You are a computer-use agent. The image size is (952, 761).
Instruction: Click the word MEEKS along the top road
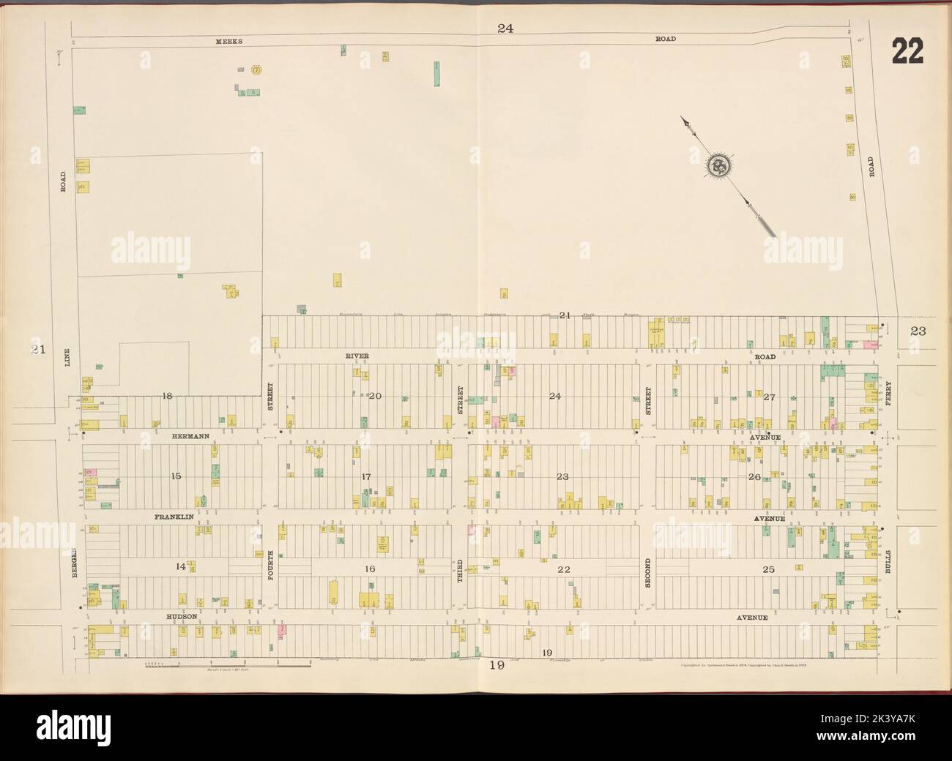[228, 42]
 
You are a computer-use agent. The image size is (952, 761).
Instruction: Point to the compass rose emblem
[716, 167]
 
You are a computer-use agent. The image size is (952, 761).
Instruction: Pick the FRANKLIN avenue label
[174, 517]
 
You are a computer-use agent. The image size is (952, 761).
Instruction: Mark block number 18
[167, 396]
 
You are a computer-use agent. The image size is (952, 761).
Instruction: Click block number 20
[376, 396]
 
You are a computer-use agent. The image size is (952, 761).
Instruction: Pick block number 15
[176, 476]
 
